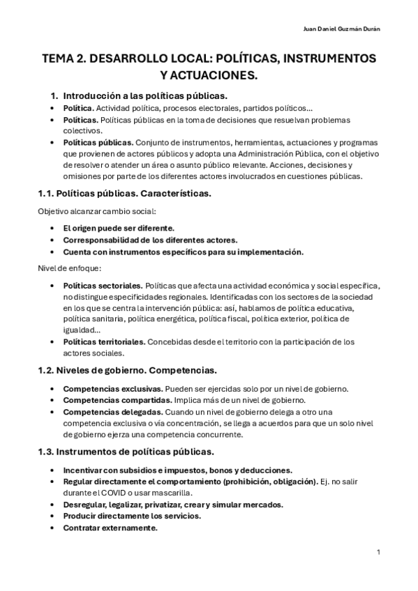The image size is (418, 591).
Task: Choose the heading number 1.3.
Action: coord(47,452)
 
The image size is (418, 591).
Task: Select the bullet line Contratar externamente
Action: coord(110,528)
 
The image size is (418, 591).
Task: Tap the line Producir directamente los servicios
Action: coord(133,516)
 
